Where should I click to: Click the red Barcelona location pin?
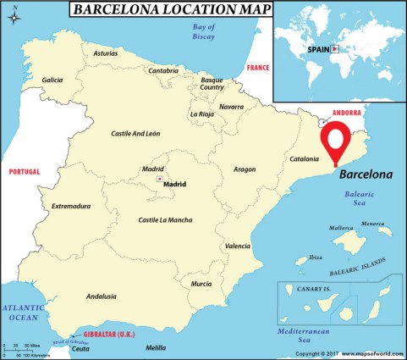tap(336, 141)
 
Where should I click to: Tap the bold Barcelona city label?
tap(366, 176)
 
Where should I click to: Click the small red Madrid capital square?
tap(159, 180)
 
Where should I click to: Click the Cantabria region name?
tap(163, 71)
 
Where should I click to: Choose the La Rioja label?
tap(203, 114)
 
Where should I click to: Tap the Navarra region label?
tap(231, 108)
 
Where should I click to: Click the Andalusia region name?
tap(102, 296)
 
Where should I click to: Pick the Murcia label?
tap(201, 284)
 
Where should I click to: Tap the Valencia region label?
tap(238, 246)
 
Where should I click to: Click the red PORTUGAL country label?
tap(24, 172)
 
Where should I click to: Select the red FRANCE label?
tap(257, 67)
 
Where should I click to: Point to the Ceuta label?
tap(80, 349)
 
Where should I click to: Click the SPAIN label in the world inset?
tap(318, 49)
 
